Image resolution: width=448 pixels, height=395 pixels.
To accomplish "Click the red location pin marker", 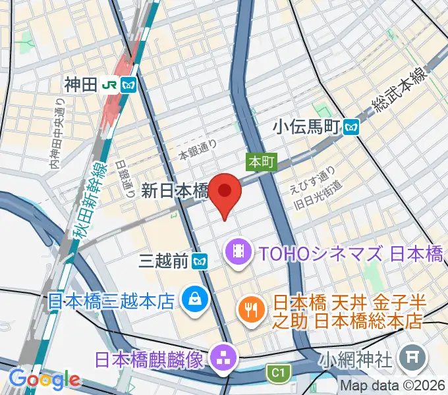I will click(x=225, y=192).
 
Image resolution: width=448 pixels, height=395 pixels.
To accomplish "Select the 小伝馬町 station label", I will click(x=308, y=125).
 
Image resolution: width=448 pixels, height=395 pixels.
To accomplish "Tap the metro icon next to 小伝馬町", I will click(x=352, y=125).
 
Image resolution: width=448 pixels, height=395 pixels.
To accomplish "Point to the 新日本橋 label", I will click(x=175, y=191).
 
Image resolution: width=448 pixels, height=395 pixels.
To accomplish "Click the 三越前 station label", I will click(x=165, y=262).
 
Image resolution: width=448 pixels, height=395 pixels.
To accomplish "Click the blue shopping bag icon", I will click(x=196, y=300).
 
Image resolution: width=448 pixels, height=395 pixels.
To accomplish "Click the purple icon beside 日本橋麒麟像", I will click(x=220, y=359).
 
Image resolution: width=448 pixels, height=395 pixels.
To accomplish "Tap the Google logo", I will click(x=44, y=379).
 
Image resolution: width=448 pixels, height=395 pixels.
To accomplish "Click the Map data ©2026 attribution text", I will click(x=393, y=386).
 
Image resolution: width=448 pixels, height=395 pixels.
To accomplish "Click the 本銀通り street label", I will click(x=198, y=151).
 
